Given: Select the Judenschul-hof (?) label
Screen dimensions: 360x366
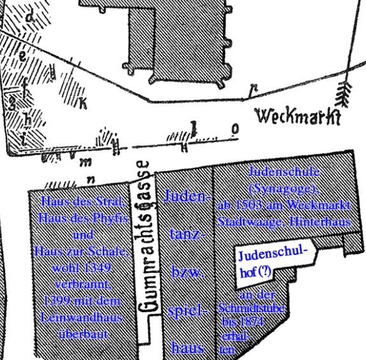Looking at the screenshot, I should tap(268, 263).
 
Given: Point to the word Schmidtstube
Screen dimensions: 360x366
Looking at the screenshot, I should tap(251, 309).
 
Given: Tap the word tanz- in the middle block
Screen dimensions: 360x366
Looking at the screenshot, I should tap(187, 235).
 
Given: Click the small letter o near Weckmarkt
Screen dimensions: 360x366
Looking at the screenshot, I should tap(236, 130).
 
